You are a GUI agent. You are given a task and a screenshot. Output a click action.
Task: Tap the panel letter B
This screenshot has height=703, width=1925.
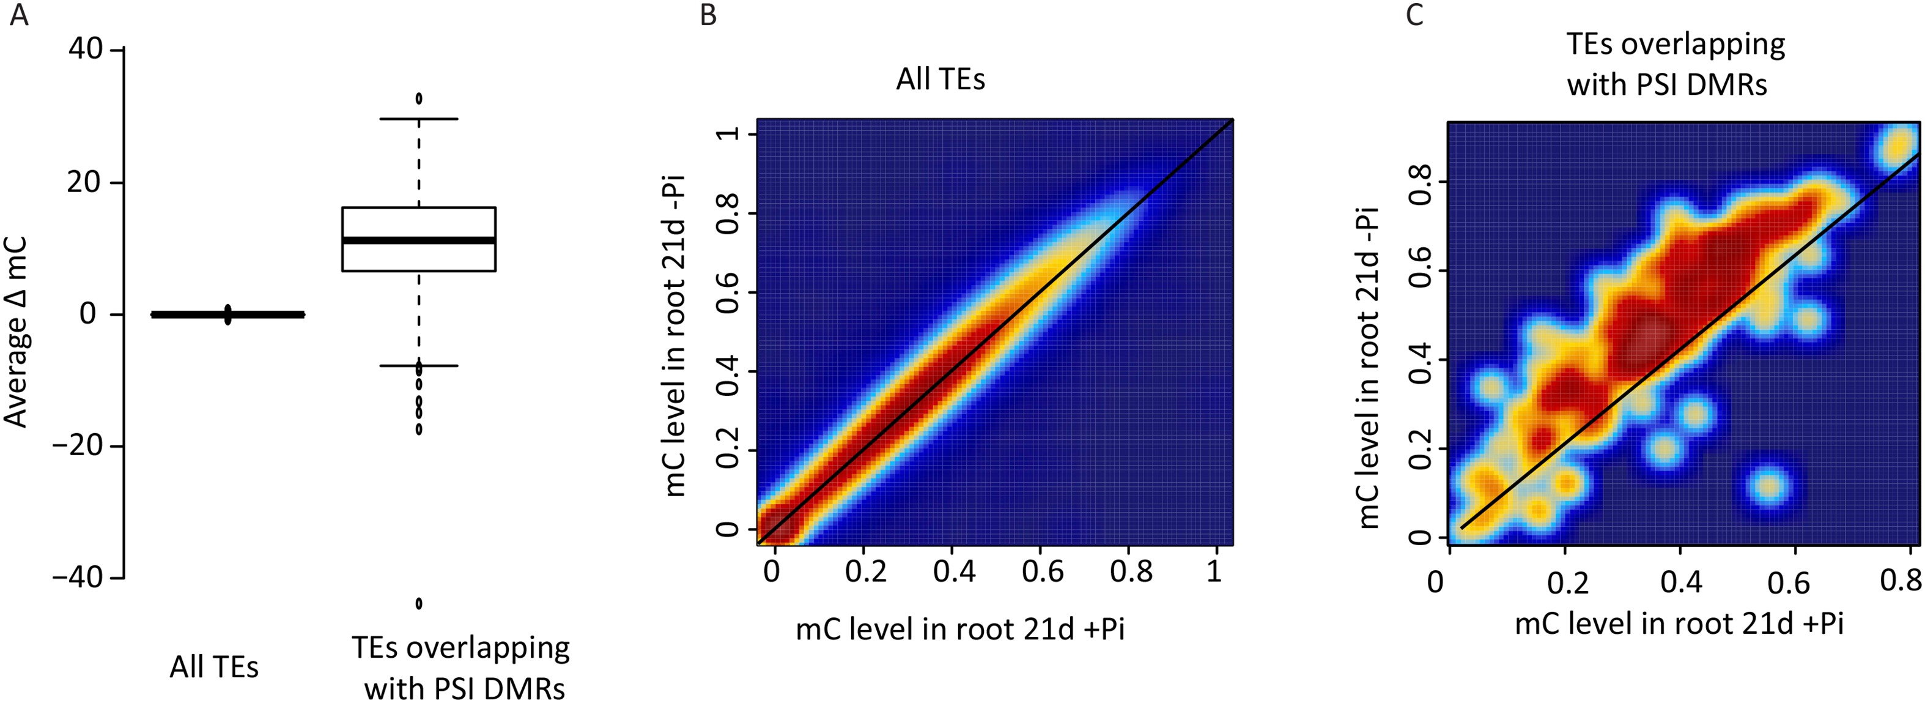tap(708, 15)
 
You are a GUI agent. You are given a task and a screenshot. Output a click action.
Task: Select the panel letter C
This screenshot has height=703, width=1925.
tap(1414, 15)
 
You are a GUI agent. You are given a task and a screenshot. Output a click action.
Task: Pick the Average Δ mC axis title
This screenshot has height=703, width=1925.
tap(17, 331)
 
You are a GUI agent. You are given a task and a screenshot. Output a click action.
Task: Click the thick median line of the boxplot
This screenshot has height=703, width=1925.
tap(418, 240)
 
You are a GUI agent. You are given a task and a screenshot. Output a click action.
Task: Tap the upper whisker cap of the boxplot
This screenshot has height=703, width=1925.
tap(418, 119)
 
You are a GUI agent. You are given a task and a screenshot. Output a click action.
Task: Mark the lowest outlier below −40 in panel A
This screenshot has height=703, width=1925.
tap(418, 603)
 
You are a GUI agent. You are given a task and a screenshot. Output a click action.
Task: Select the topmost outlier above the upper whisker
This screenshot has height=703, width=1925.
tap(418, 98)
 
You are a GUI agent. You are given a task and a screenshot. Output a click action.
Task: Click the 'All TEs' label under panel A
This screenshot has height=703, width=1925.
tap(214, 667)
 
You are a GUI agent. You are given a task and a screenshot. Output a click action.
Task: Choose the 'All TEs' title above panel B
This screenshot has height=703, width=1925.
tap(940, 78)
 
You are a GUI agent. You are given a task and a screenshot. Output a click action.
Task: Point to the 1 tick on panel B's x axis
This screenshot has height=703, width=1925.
tap(1214, 571)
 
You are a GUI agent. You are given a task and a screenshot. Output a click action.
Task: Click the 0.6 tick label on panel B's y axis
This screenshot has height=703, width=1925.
tap(727, 292)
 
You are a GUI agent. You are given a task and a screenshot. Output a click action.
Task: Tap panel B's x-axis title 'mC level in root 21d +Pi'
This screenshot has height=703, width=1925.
tap(959, 629)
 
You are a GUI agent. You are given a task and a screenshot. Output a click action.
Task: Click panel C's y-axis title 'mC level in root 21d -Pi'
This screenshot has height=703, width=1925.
tap(1369, 366)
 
